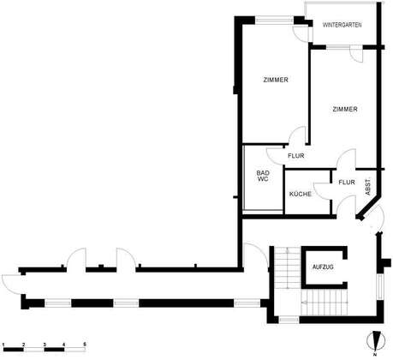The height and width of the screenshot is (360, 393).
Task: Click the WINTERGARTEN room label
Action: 342,25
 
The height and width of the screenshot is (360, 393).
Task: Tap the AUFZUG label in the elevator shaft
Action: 323,267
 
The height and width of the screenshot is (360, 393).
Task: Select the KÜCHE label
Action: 301,195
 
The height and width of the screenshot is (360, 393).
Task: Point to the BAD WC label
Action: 263,176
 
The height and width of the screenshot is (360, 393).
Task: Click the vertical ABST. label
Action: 368,187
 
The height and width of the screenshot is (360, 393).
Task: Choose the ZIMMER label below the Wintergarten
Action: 345,109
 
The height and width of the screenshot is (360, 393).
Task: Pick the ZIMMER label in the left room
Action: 276,80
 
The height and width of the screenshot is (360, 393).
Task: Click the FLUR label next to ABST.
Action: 347,182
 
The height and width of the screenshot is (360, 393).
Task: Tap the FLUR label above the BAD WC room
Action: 296,156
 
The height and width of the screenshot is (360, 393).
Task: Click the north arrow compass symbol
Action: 376,341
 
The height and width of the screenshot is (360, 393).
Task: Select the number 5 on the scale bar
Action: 84,345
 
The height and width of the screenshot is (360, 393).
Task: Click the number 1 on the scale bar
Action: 3,345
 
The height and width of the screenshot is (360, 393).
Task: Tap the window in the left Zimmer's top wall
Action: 274,20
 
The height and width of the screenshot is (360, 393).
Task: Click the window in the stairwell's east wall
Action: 380,286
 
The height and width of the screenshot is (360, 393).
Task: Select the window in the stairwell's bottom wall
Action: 289,320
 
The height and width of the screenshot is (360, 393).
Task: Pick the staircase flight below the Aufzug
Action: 325,302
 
